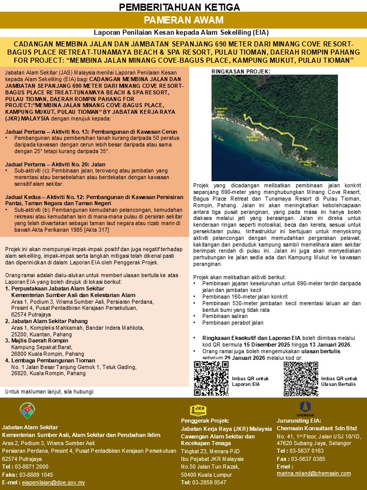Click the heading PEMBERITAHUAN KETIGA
tap(183, 7)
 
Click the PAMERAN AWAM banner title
tap(183, 20)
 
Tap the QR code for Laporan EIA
tap(211, 379)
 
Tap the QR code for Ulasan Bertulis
tap(300, 379)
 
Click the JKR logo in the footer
tap(198, 410)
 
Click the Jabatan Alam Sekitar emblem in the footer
tap(28, 410)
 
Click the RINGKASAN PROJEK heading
tap(241, 72)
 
